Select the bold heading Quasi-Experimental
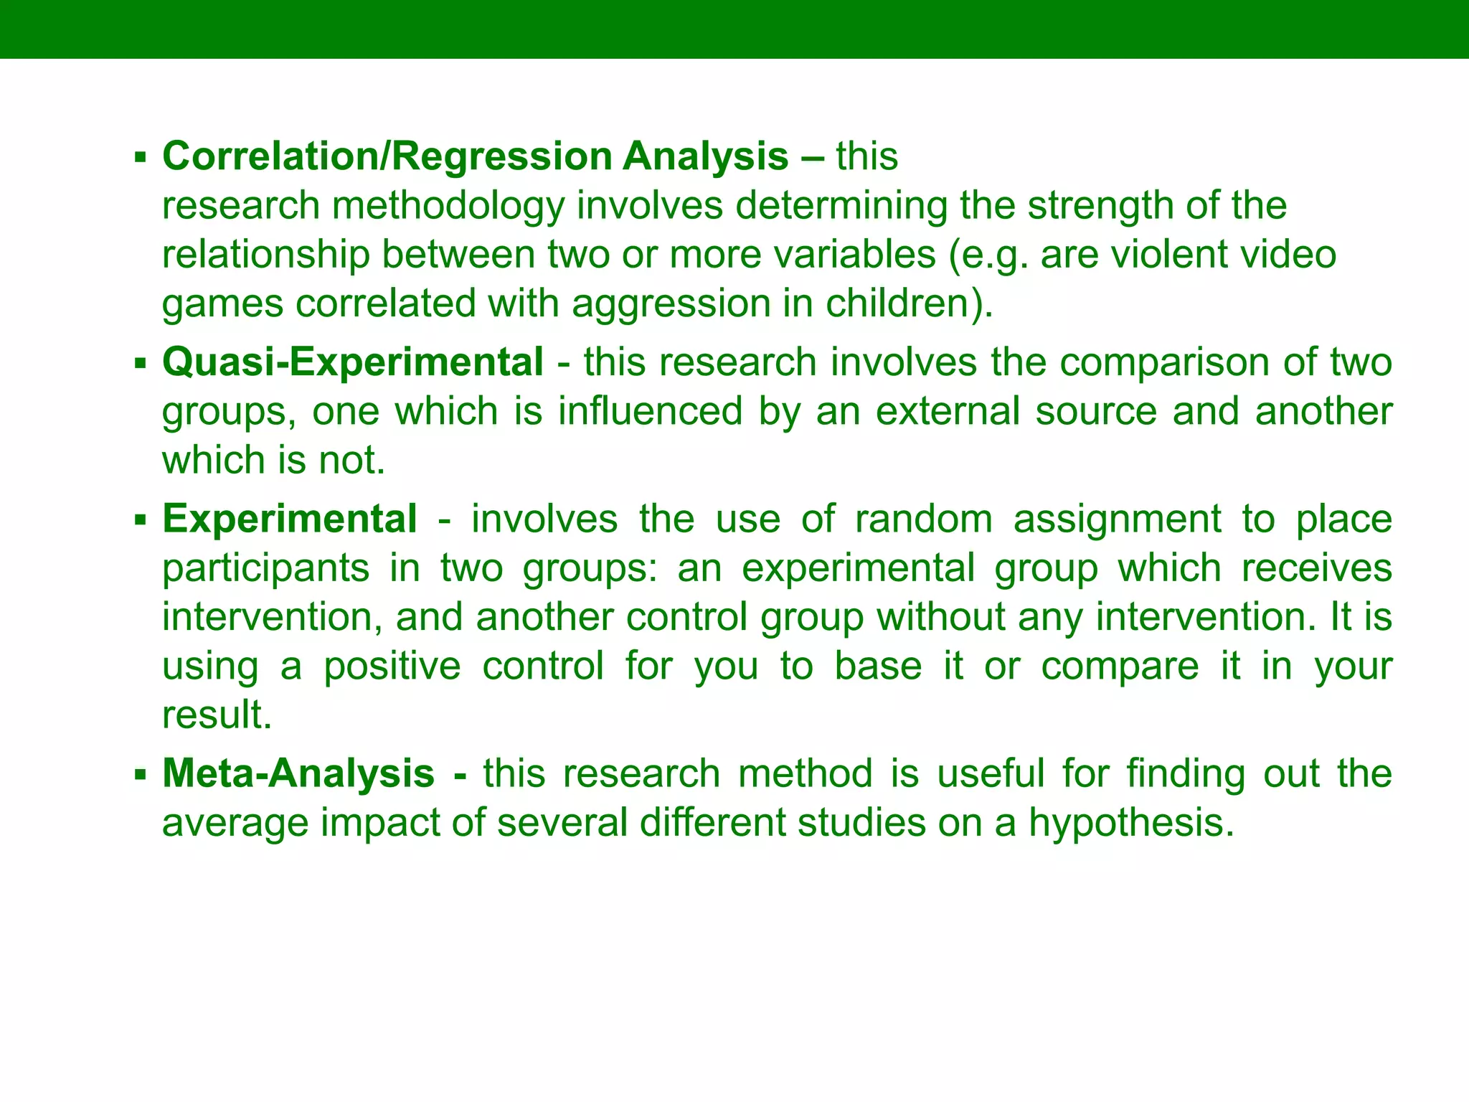[x=353, y=362]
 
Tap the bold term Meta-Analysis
[x=298, y=773]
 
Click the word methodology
[x=448, y=206]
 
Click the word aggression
[x=671, y=303]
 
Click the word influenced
[x=650, y=411]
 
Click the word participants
[x=265, y=568]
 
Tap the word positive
[x=392, y=666]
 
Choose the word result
[x=217, y=715]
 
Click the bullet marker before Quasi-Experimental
[x=140, y=362]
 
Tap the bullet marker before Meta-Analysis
[x=140, y=774]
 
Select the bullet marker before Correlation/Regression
[x=140, y=157]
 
